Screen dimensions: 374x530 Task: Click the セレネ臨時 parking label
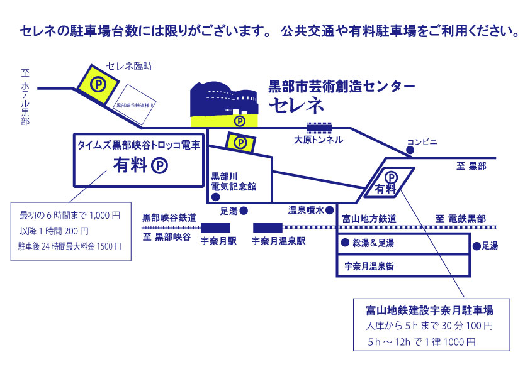[x=130, y=66]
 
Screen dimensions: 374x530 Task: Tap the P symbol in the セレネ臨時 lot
[x=98, y=83]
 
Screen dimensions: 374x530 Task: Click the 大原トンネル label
[x=319, y=140]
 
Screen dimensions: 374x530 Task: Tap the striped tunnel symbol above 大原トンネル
[x=319, y=127]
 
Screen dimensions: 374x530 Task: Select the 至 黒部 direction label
[x=472, y=166]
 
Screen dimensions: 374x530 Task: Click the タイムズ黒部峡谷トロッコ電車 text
[x=138, y=145]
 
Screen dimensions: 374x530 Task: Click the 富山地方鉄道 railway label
[x=368, y=219]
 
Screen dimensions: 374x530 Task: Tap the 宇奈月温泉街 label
[x=369, y=266]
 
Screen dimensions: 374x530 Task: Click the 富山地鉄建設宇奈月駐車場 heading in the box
[x=429, y=311]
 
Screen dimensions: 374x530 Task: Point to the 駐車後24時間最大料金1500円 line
[x=70, y=246]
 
